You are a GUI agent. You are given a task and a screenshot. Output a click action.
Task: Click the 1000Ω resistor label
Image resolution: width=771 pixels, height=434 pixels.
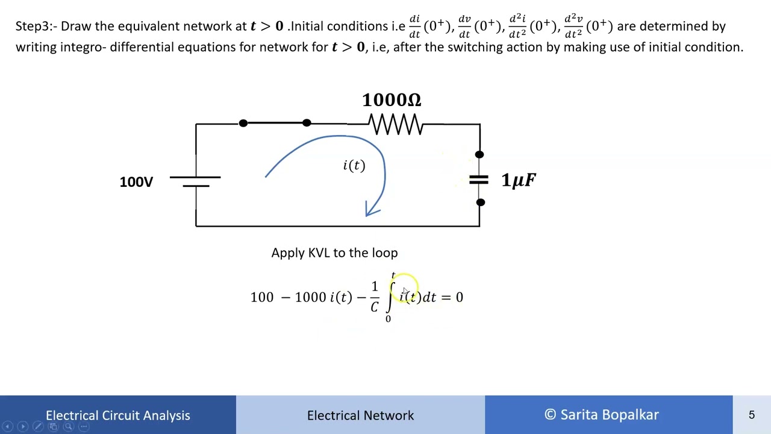click(x=392, y=100)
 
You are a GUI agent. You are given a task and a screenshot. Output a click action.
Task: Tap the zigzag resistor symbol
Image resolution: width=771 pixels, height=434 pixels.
click(x=396, y=125)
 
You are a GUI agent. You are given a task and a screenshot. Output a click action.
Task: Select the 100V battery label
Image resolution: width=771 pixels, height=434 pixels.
click(x=136, y=182)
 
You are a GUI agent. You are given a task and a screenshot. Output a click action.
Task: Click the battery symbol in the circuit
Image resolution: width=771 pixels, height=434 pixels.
click(x=195, y=181)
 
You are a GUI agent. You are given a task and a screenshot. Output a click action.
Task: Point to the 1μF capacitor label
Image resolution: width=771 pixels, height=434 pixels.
click(x=518, y=180)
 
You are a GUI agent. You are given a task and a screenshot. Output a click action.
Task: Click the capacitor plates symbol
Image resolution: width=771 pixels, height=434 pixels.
click(x=479, y=179)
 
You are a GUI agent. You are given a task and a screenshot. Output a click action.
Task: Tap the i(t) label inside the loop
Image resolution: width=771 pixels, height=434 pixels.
click(x=354, y=166)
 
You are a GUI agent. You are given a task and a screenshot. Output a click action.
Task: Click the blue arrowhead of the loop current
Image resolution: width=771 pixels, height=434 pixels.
click(x=373, y=210)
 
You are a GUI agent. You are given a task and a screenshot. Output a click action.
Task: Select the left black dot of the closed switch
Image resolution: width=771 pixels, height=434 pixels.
click(x=243, y=124)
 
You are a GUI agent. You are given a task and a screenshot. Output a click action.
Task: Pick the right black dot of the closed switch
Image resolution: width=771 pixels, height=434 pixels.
click(x=307, y=123)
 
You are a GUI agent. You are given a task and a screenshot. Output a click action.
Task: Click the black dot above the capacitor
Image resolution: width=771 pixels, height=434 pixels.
click(x=479, y=155)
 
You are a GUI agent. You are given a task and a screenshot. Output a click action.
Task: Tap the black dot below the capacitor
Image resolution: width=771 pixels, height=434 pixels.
click(x=480, y=203)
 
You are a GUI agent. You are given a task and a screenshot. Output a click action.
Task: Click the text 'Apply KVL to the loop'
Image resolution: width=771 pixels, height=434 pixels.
click(x=334, y=253)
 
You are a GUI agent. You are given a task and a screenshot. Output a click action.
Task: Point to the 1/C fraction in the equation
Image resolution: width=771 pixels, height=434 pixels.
click(x=375, y=297)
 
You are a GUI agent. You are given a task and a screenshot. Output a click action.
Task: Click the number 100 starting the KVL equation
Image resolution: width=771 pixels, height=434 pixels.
click(x=262, y=297)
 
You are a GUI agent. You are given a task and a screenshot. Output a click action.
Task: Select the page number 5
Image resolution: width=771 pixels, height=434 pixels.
click(x=752, y=415)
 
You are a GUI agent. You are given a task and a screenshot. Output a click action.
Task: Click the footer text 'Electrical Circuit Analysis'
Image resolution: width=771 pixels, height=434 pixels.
click(x=118, y=415)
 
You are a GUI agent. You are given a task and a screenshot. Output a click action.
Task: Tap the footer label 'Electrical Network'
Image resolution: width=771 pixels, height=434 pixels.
click(x=360, y=415)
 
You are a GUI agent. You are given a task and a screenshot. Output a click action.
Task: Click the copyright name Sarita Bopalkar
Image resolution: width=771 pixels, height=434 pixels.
click(x=609, y=415)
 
